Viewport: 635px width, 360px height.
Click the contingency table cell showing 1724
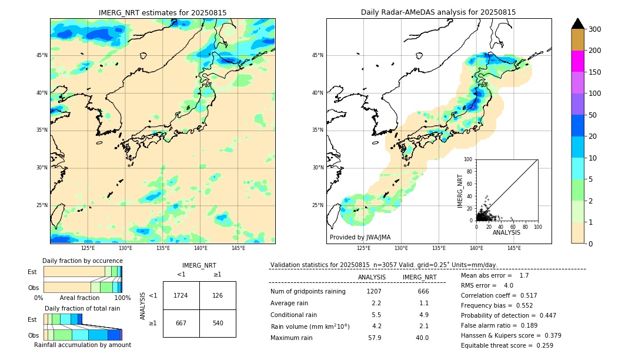coord(181,295)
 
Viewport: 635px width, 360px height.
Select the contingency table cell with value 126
coord(218,295)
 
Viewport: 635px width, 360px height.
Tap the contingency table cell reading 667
coord(181,323)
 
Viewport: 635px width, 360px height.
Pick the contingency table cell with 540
coord(218,323)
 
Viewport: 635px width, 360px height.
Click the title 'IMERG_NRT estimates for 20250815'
coord(162,13)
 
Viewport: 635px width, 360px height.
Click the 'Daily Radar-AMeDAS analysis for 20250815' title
coord(438,12)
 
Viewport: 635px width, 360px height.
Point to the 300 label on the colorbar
coord(596,29)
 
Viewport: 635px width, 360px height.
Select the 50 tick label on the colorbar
coord(594,115)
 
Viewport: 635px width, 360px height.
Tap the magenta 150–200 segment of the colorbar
coord(577,61)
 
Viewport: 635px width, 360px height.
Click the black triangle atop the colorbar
coord(577,24)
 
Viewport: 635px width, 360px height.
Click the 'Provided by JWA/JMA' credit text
coord(360,238)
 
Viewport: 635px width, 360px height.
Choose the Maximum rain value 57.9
coord(374,338)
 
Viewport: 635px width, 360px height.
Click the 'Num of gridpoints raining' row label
coord(308,292)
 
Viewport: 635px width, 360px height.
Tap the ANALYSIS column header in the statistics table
coord(372,278)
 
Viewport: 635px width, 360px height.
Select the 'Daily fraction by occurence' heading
coord(82,261)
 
